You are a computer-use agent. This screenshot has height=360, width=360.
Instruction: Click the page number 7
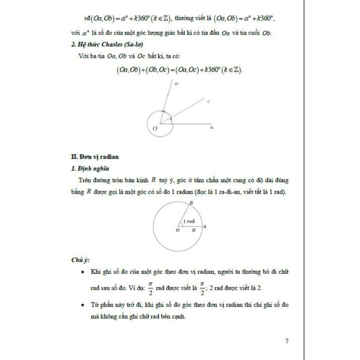coord(287,341)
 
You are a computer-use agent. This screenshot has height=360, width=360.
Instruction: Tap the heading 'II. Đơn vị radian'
coord(95,157)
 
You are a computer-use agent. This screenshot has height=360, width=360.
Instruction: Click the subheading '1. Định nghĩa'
coord(90,168)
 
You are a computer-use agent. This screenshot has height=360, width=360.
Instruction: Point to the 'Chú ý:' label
coord(80,260)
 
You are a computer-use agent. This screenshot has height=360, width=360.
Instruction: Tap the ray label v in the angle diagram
coord(208,102)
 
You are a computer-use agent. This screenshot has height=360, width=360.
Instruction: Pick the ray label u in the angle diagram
coord(211,127)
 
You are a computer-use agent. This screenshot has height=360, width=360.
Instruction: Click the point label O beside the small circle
coord(155,129)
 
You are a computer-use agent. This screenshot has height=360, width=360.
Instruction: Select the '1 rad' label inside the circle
coord(189,221)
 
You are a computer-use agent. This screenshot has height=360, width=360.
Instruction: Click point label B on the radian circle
coord(191,203)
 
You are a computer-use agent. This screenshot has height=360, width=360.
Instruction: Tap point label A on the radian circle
coord(205,226)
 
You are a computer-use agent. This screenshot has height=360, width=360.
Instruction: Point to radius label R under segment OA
coord(193,230)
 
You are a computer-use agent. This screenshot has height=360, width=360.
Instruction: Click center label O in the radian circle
coord(178,230)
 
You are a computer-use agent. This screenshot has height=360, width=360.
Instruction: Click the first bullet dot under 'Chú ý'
coord(82,272)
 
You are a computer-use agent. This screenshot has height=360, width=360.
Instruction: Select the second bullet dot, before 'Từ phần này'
coord(82,305)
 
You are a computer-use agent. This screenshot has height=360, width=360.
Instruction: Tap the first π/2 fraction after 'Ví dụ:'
coord(150,288)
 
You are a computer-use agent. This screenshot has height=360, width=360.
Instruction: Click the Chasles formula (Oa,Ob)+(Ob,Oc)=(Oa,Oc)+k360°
coord(179,70)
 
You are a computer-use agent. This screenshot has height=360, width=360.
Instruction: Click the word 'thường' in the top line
coord(184,19)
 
